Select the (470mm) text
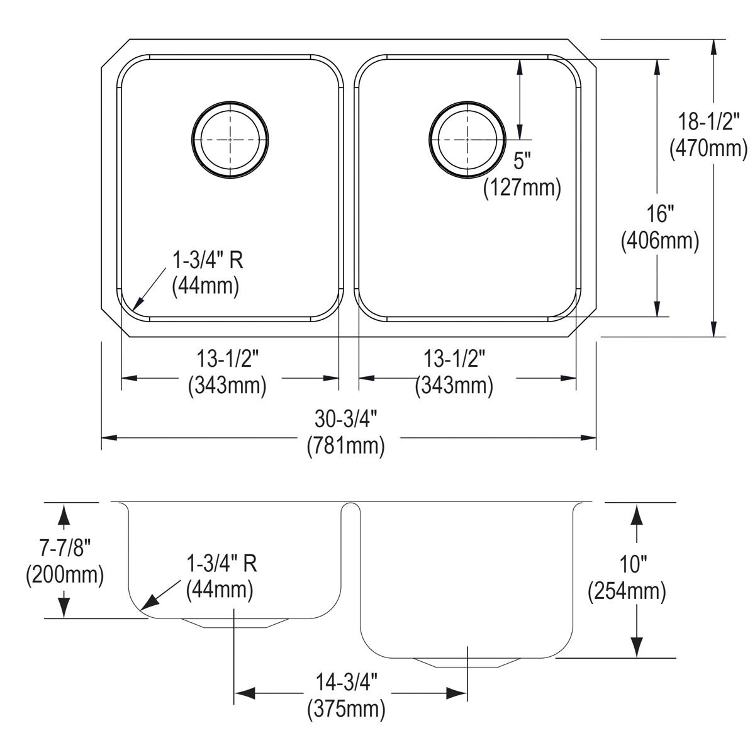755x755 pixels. click(708, 148)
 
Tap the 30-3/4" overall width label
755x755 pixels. click(345, 418)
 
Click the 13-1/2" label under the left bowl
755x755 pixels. click(227, 359)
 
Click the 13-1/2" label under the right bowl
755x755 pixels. click(454, 359)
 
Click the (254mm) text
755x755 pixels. click(627, 591)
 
